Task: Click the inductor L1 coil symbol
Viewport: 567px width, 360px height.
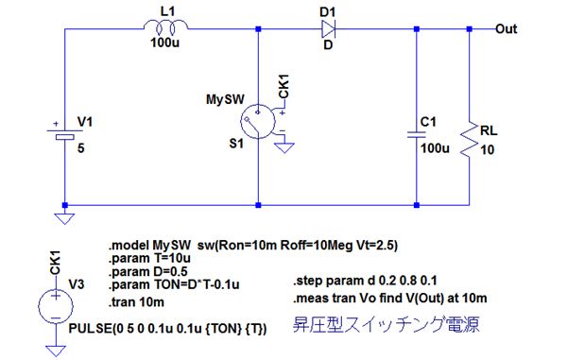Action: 165,26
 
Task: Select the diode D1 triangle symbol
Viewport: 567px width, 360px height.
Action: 328,28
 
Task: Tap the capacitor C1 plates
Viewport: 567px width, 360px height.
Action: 416,135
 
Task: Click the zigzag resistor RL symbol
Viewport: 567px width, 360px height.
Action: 469,139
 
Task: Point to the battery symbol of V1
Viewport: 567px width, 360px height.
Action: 64,134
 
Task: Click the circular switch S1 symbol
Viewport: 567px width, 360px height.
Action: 258,122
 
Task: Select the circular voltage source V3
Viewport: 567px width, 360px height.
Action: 56,306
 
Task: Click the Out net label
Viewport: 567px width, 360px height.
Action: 506,29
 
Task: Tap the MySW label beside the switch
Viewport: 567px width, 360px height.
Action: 225,99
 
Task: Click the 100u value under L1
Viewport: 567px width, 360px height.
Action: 164,43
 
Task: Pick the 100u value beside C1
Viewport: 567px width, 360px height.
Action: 435,148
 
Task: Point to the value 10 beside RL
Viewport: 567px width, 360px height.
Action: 487,149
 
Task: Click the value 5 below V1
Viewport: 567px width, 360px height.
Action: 81,148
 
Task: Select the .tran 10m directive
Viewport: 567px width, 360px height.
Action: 136,302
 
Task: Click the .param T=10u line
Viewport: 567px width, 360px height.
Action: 149,259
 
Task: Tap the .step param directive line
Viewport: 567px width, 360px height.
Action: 365,281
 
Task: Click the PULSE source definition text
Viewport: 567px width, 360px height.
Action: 167,329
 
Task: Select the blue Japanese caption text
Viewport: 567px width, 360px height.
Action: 386,325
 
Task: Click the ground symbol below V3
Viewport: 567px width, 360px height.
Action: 56,351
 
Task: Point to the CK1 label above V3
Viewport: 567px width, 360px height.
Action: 55,263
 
